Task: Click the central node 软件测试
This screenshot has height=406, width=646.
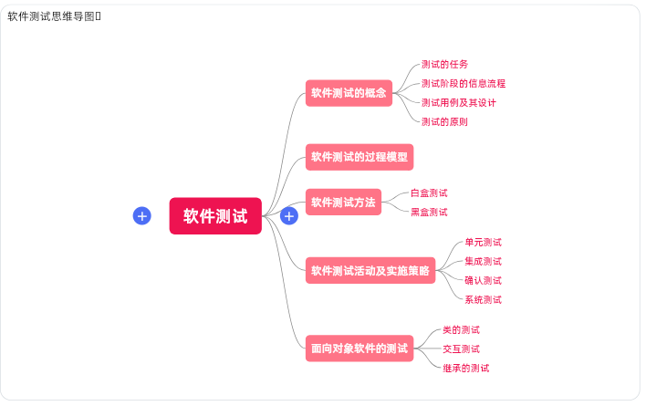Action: coord(215,216)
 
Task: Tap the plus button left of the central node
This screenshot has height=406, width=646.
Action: coord(141,215)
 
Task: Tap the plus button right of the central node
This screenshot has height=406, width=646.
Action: coord(289,215)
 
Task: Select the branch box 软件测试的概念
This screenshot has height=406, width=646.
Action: coord(349,92)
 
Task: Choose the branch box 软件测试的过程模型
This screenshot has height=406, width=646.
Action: coord(359,157)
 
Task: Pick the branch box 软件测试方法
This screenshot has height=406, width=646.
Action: coord(343,203)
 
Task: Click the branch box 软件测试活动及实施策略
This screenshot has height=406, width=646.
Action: coord(370,270)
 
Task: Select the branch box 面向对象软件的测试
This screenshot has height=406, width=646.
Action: coord(359,348)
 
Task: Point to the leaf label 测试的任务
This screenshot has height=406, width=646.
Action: coord(445,64)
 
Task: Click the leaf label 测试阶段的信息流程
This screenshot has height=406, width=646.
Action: coord(464,83)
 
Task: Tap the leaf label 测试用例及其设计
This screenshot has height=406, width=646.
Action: coord(459,102)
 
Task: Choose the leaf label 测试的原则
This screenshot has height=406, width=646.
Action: coord(445,121)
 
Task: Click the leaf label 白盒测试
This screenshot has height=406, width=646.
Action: coord(429,193)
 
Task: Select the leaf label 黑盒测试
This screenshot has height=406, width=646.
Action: coord(429,212)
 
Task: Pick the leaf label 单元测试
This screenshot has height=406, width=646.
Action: coord(483,242)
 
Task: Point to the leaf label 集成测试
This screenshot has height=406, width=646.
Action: coord(483,261)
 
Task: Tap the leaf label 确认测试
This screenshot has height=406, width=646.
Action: coord(483,280)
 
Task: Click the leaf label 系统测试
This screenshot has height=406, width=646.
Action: coord(483,299)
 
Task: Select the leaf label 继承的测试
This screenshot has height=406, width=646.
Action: coord(465,368)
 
